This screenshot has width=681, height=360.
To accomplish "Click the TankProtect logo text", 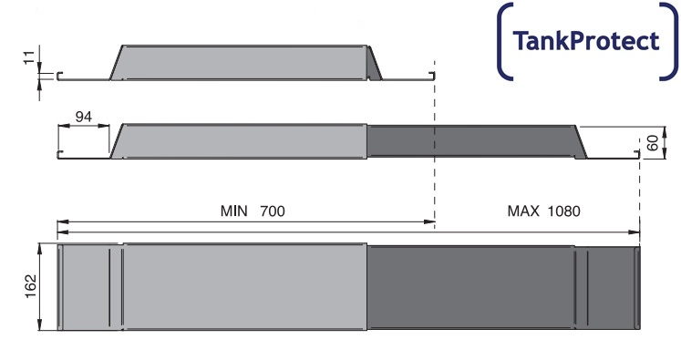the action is coord(586,41).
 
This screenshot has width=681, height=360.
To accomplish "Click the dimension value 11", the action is coord(29,57).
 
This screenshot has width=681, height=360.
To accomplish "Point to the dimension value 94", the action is coord(83,117).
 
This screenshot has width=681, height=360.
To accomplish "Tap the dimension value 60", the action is coord(653,143).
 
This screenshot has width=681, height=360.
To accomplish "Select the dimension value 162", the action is coord(30,286).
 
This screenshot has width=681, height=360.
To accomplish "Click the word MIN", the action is coord(233,211).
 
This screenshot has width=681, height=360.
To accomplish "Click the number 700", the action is coord(273,211).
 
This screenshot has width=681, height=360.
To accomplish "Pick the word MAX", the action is coord(523,211).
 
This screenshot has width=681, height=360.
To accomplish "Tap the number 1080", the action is coord(563,211).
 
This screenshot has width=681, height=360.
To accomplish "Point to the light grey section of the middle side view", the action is coord(239,141).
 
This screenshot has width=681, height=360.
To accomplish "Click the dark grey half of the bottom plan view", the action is coord(503,287).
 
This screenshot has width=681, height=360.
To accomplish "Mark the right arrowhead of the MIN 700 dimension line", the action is coord(430,221).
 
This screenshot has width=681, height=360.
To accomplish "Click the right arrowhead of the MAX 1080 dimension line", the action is coord(635,232).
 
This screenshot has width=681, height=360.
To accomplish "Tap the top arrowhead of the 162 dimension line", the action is coord(39,249).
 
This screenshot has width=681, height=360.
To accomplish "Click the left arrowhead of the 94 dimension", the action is coord(63,126).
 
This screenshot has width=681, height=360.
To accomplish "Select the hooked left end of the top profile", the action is coord(58,76).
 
